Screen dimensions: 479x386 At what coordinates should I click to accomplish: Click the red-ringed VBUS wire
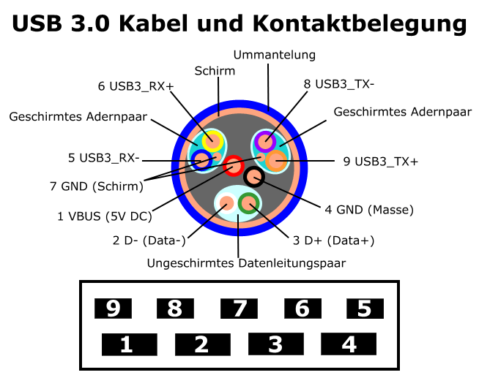pos(234,166)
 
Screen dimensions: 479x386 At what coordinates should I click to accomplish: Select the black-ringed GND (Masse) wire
pos(254,177)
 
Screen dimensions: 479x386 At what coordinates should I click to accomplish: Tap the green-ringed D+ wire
pos(249,203)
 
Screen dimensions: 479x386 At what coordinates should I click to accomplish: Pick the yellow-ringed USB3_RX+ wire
pos(212,141)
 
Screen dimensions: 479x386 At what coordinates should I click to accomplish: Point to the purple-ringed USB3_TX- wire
pos(265,142)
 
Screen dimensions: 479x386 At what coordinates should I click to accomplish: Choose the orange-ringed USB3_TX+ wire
pos(276,160)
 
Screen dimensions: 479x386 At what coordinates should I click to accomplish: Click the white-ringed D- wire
pos(226,203)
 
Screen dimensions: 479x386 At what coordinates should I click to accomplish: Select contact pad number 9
pos(113,309)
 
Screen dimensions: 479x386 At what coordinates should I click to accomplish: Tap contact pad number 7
pos(239,309)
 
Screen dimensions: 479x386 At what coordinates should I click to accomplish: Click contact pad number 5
pos(365,309)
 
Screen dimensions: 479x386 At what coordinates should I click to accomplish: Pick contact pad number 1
pos(130,344)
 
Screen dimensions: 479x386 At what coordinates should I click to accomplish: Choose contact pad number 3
pos(276,344)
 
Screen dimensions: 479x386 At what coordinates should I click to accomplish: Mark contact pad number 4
pos(349,344)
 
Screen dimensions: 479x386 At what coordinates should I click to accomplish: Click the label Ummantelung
pos(275,55)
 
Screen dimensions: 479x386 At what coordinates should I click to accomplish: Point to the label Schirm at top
pos(215,71)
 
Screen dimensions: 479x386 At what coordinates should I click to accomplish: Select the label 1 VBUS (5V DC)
pos(105,216)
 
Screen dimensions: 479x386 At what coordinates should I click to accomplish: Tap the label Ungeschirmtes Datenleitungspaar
pos(246,263)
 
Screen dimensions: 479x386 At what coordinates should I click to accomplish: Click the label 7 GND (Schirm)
pos(97,186)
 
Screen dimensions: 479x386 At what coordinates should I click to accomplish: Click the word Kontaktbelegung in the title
pos(360,24)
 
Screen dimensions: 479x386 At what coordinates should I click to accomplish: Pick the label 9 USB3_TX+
pos(381,162)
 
